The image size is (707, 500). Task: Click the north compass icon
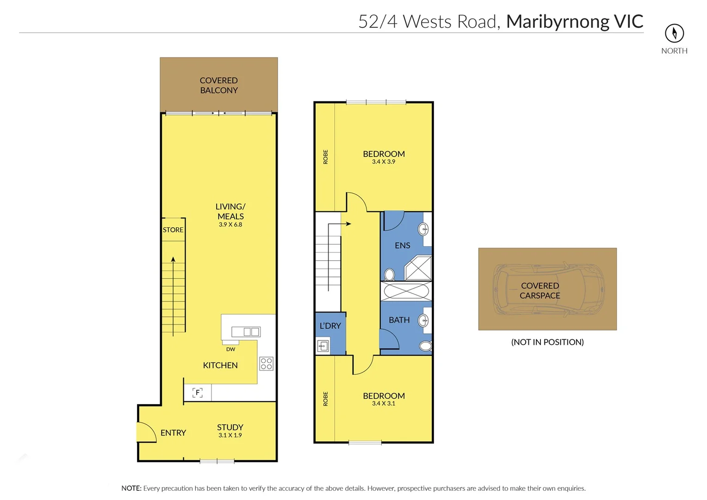[674, 33]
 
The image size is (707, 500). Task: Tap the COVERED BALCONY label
[219, 85]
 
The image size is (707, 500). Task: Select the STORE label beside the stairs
[173, 230]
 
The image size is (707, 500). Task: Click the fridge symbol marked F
[198, 393]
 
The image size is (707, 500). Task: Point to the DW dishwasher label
[230, 349]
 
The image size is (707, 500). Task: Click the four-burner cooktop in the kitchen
[266, 363]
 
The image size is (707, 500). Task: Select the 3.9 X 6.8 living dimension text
[230, 225]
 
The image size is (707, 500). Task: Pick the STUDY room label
[230, 427]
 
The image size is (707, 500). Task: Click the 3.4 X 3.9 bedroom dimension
[384, 162]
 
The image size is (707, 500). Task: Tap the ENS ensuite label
[402, 245]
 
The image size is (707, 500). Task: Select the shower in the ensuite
[418, 268]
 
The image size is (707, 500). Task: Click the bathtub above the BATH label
[406, 291]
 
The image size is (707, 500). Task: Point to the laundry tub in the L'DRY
[323, 346]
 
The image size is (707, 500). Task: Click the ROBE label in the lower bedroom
[325, 399]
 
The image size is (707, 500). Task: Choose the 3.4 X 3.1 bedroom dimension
[384, 403]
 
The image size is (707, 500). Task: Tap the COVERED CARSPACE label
[540, 290]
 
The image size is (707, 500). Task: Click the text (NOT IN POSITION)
[547, 342]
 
